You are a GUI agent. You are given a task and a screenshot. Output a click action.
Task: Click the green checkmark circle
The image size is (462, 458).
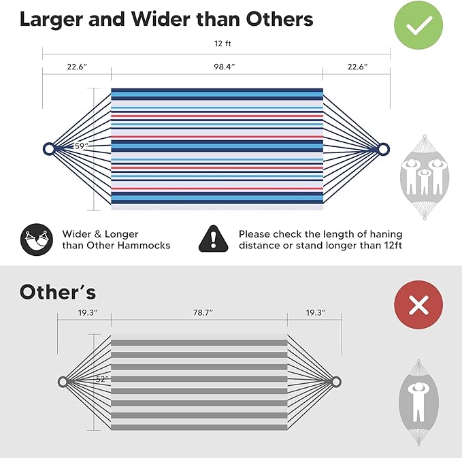tap(418, 25)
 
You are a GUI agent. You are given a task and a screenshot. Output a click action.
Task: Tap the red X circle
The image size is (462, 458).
tap(418, 304)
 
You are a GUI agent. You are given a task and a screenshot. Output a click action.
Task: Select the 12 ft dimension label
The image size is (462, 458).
tap(222, 44)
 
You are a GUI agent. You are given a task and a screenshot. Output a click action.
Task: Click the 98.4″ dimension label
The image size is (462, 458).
tap(225, 67)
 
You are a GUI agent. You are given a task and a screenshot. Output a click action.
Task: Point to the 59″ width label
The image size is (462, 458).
tap(82, 146)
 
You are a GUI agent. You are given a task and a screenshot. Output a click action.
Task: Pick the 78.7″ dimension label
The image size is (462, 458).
tap(203, 312)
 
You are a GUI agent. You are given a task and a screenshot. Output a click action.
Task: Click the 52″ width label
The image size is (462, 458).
tap(102, 379)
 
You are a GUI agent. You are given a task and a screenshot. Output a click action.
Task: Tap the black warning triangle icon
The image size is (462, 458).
tap(214, 239)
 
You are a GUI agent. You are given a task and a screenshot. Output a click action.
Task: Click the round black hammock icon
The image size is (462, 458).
tap(37, 240)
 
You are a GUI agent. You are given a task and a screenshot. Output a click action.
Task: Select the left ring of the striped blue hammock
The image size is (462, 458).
tap(44, 149)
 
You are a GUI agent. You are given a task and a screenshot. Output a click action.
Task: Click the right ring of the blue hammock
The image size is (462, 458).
tap(389, 149)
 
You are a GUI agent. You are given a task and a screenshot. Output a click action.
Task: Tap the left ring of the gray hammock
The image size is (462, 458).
tap(59, 382)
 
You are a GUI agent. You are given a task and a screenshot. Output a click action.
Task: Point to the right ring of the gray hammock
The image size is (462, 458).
tap(341, 382)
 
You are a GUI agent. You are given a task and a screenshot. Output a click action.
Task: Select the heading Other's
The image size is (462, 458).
tap(58, 292)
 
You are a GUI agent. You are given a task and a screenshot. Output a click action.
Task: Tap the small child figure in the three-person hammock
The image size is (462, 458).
tap(424, 182)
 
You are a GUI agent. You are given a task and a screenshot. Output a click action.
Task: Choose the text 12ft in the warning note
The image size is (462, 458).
tap(393, 245)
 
